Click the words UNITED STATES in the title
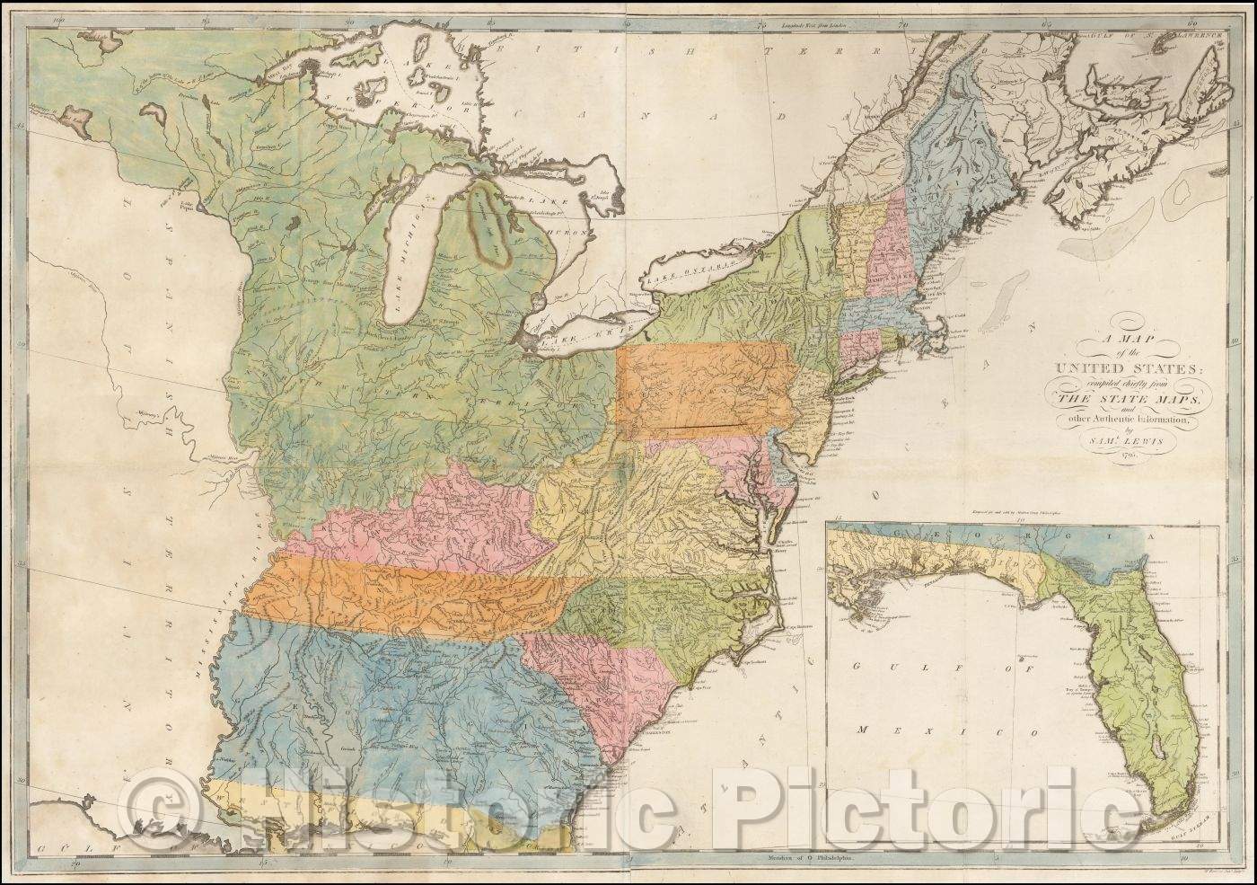[x=1128, y=368]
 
